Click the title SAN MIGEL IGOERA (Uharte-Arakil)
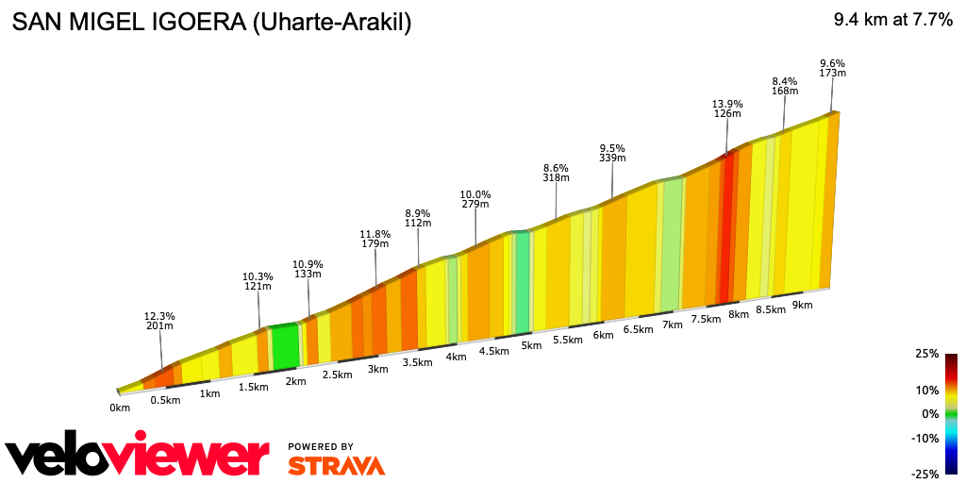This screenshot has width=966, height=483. tap(211, 23)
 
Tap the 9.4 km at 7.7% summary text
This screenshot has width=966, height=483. tap(892, 21)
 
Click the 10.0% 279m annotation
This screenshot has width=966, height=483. tap(475, 199)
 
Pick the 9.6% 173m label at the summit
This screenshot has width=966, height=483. tap(832, 68)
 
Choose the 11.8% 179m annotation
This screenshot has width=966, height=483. tap(375, 239)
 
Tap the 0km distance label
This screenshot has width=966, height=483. tap(119, 408)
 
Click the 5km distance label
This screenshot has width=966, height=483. tap(531, 345)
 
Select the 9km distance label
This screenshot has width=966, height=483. tap(803, 305)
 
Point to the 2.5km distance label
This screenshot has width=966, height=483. tap(337, 375)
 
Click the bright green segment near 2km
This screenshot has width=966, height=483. tap(285, 346)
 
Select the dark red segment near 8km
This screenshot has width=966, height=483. tap(725, 226)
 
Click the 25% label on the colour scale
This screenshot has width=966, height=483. tap(927, 354)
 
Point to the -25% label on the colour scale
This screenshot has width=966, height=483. tap(925, 474)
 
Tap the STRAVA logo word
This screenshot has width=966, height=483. tap(336, 465)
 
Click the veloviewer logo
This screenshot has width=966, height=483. tap(138, 456)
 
